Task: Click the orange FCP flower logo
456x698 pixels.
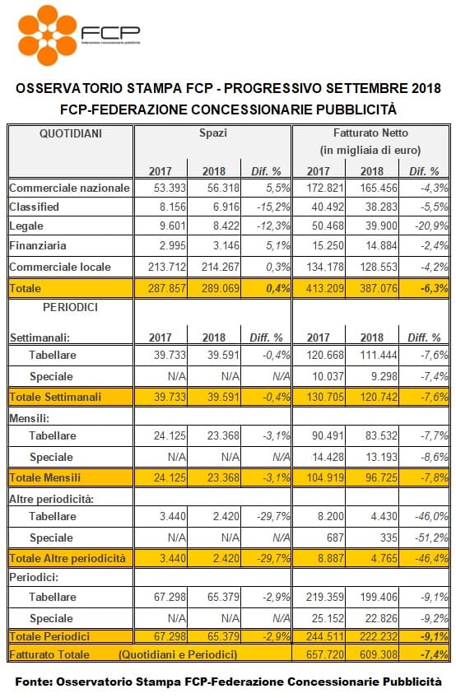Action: point(47,35)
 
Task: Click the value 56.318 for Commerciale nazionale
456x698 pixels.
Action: point(223,188)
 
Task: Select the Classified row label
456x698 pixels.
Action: point(35,207)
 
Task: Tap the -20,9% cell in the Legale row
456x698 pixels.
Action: point(431,226)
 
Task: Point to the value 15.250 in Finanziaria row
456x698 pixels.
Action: point(328,245)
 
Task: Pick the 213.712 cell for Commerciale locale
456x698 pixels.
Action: point(167,267)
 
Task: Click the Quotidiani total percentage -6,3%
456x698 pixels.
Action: point(434,288)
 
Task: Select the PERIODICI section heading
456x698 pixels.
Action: point(70,307)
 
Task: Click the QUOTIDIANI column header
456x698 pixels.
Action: point(71,133)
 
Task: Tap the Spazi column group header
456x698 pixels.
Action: point(213,133)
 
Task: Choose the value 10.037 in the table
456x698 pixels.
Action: point(328,376)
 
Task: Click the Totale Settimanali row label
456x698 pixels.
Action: point(56,397)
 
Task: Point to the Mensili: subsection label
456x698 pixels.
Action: point(30,418)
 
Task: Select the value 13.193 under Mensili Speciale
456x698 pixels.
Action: point(381,457)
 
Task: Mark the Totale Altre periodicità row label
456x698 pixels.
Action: point(67,558)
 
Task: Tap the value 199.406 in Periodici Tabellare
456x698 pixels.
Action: point(379,597)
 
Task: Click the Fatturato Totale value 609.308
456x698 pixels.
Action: point(379,654)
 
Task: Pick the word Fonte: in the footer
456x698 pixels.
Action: point(34,682)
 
